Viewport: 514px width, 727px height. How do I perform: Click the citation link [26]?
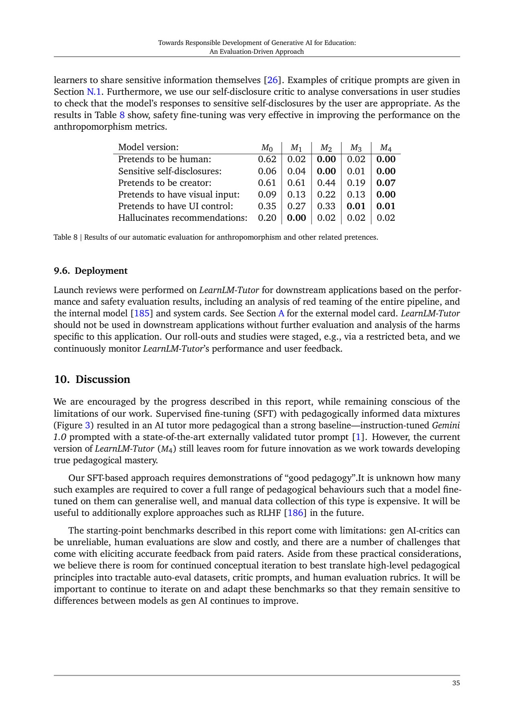point(273,80)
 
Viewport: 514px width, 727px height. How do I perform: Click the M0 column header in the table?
point(267,147)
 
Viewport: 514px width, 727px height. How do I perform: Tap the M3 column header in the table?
point(356,147)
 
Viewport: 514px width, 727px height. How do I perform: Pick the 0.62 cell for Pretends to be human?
point(267,159)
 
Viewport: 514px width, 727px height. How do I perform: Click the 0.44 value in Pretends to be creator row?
point(326,183)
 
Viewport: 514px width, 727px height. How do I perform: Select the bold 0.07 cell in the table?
point(386,183)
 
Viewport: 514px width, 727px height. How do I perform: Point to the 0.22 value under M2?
point(326,194)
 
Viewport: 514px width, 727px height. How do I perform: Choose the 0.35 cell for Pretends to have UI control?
point(267,206)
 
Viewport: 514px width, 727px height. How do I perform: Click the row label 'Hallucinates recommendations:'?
point(183,218)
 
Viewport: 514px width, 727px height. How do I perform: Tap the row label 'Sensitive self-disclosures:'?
point(170,171)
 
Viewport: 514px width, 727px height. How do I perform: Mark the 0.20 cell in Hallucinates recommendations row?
point(267,218)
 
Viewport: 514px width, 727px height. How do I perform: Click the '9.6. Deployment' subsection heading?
point(91,271)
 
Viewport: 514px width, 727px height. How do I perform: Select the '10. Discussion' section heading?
point(92,379)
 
